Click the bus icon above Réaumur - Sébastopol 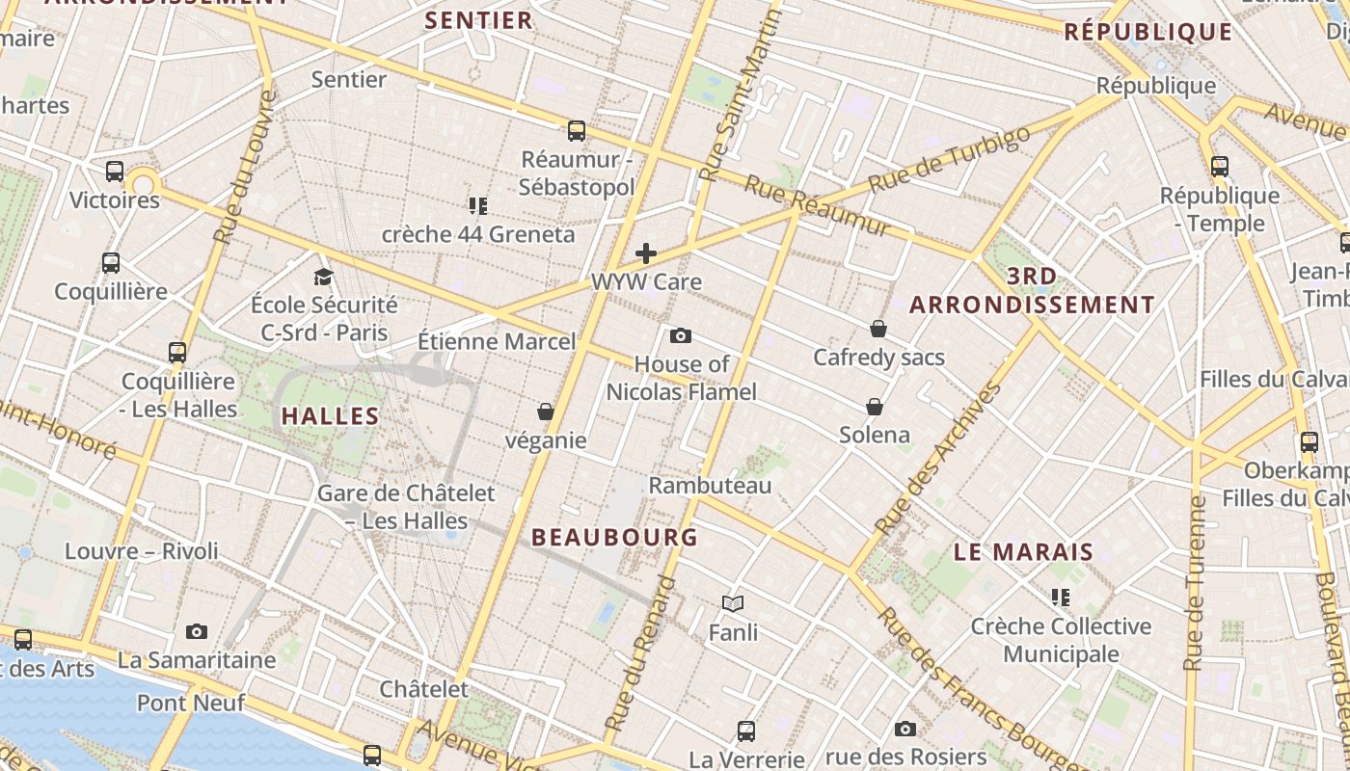[577, 131]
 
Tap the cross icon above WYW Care [646, 254]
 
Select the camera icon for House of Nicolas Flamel [681, 336]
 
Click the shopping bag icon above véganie [546, 412]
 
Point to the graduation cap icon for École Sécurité [323, 278]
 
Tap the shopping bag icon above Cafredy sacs [878, 330]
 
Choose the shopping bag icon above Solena [875, 407]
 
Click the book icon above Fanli [733, 604]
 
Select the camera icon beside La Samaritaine [197, 632]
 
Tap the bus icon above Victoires [115, 173]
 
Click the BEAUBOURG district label [614, 538]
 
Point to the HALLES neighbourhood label [330, 416]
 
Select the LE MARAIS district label [1023, 552]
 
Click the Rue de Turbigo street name [949, 159]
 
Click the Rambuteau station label [710, 485]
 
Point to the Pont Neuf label [191, 703]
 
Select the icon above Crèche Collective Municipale [1061, 598]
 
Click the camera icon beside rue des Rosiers [904, 730]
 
